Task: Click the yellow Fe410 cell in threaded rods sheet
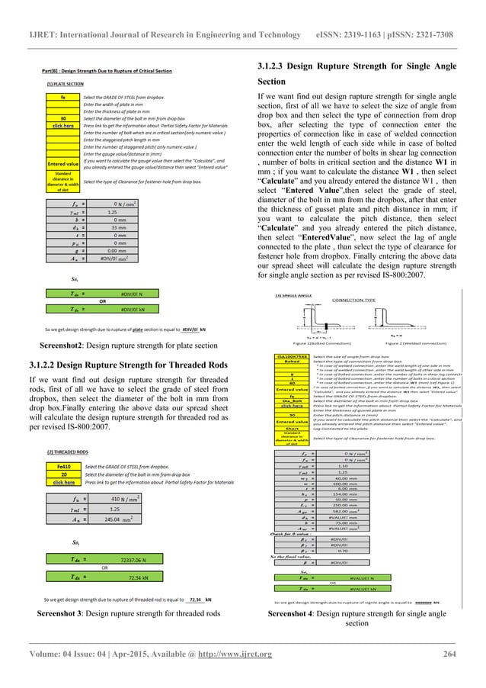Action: tap(66, 464)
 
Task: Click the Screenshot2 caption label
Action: tap(50, 345)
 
